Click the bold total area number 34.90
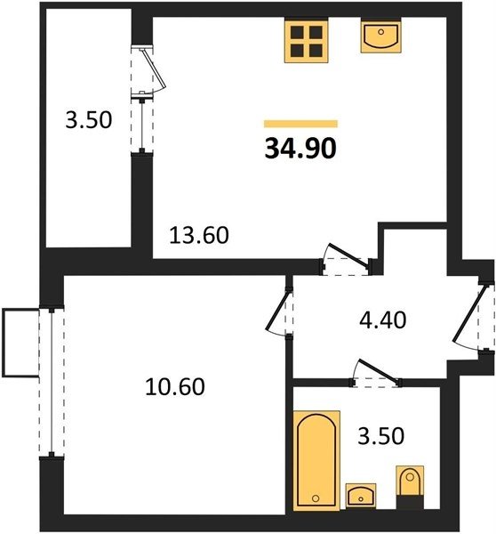[300, 149]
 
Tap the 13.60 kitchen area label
[199, 235]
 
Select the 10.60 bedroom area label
[175, 387]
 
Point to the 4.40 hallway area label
[383, 320]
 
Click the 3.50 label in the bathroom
[381, 436]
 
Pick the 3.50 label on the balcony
[89, 120]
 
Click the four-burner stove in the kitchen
[306, 41]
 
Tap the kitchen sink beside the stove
[381, 36]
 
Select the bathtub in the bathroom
[316, 461]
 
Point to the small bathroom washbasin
[361, 496]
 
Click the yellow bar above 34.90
[300, 124]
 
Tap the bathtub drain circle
[316, 498]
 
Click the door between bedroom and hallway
[280, 311]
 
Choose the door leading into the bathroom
[376, 374]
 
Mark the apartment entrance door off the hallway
[473, 318]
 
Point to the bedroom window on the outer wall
[52, 382]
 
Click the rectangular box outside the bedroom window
[20, 343]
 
